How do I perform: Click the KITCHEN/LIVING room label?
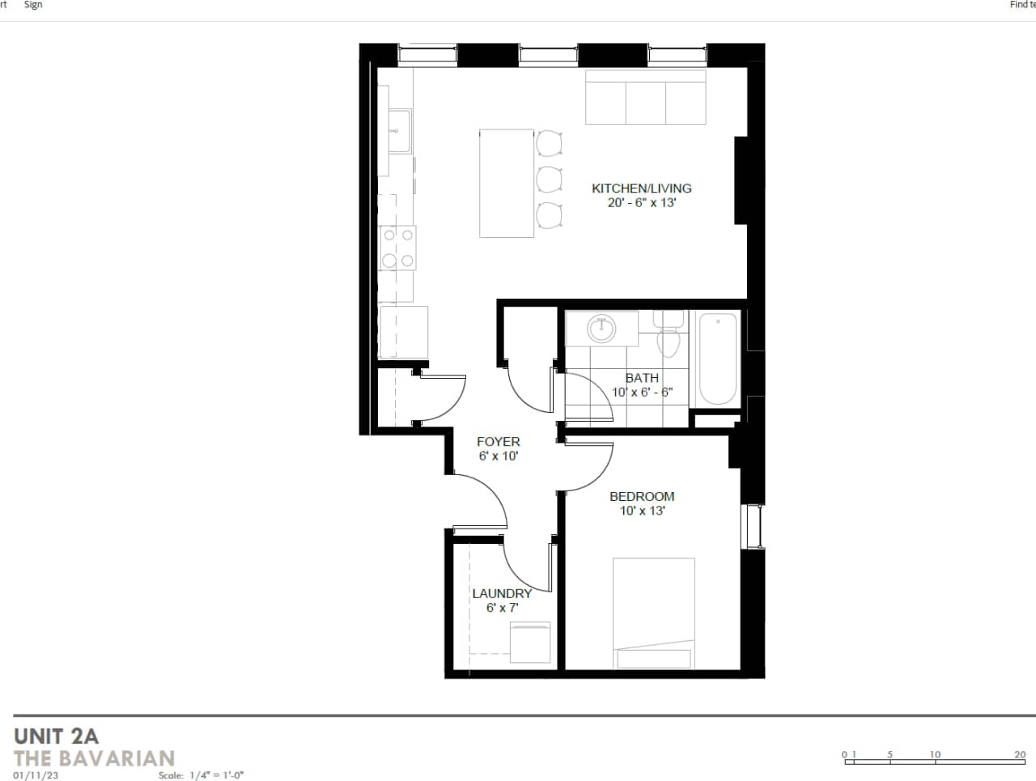[x=641, y=188]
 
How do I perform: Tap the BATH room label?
[x=642, y=378]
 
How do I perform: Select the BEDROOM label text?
[x=642, y=496]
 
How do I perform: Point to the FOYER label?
[x=498, y=442]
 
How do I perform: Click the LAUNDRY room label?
[x=502, y=593]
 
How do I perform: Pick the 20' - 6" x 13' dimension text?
[x=641, y=203]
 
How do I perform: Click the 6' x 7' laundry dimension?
[x=502, y=608]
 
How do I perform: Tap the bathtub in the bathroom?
[x=718, y=359]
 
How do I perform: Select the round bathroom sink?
[x=601, y=329]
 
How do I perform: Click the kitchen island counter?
[x=507, y=183]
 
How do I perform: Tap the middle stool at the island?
[x=550, y=178]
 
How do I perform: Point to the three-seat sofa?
[x=646, y=98]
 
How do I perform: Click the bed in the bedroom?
[x=653, y=613]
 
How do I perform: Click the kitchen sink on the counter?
[x=398, y=130]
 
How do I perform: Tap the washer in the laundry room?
[x=530, y=641]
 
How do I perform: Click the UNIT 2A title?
[x=56, y=736]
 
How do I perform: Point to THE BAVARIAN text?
[x=95, y=758]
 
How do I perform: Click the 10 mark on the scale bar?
[x=935, y=755]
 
